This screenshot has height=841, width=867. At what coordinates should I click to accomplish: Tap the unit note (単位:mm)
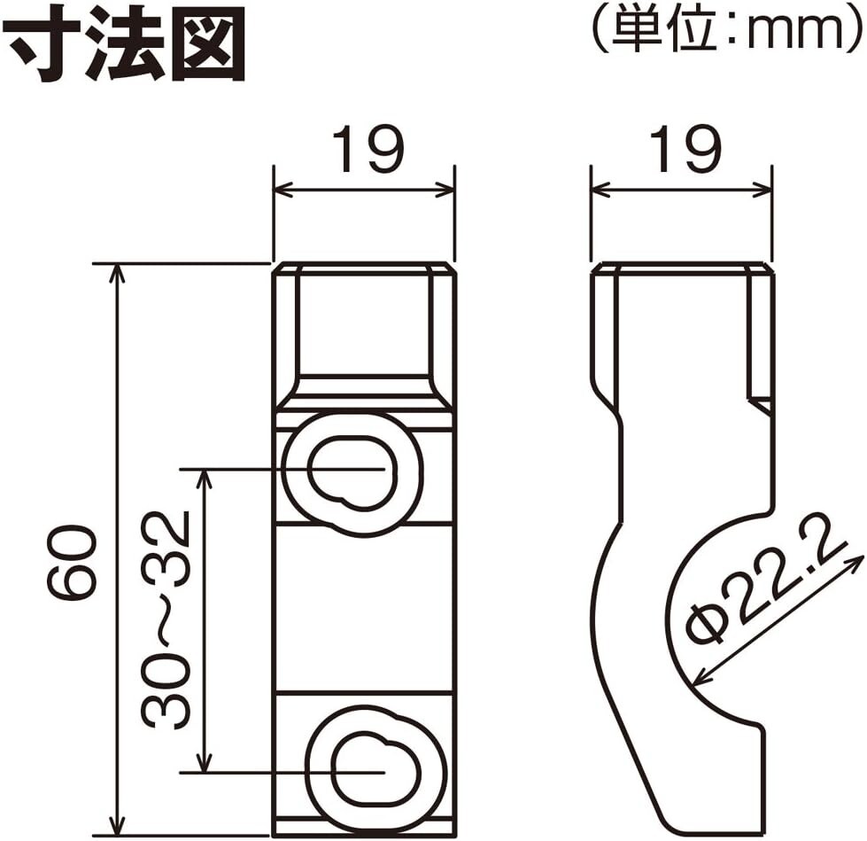[x=725, y=30]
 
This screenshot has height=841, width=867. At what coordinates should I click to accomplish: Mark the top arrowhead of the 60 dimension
[x=116, y=271]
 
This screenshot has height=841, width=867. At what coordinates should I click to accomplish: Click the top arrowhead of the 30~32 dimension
[x=205, y=477]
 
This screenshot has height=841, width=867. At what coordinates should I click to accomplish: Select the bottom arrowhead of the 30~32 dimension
[x=205, y=764]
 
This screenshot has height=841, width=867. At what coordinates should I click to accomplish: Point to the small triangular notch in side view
[x=761, y=406]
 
